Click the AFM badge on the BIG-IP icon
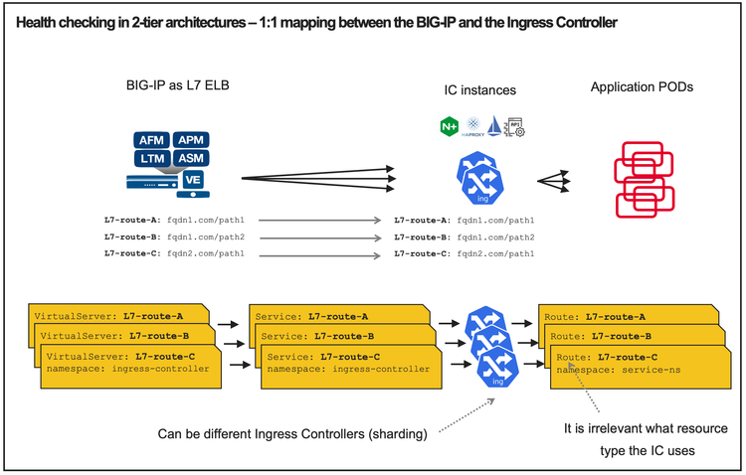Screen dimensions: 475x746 point(153,140)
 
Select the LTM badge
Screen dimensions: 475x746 point(153,158)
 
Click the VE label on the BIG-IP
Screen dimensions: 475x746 point(196,180)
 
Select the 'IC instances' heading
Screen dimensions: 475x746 point(479,90)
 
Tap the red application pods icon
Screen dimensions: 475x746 point(648,179)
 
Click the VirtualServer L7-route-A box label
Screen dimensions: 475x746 point(109,316)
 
